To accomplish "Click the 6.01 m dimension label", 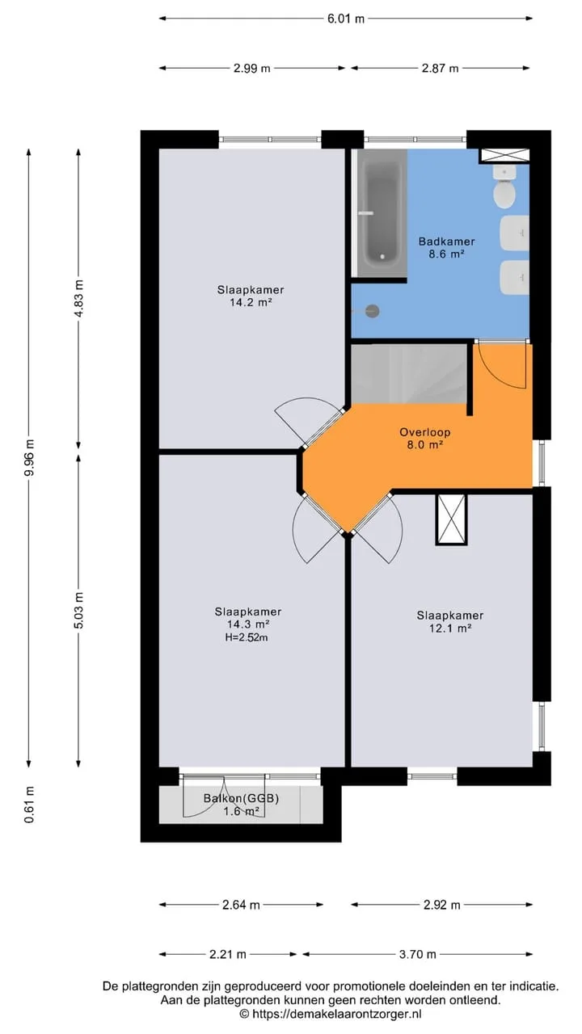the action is pos(346,19).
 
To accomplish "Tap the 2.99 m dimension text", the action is pos(251,69).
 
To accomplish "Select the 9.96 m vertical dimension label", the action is pos(29,458).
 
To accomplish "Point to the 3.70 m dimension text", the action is pos(418,954).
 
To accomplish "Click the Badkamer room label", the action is pos(447,241).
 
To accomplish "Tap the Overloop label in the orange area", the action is pos(424,432).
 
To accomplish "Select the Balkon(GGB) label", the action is pos(241,798).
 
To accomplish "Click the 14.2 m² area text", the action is pos(251,303).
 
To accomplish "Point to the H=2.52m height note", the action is pos(247,637).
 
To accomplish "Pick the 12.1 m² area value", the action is pos(450,628).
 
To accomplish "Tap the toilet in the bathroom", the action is pos(504,187).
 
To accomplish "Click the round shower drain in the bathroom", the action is pos(373,311).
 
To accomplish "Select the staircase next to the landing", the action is pos(409,373).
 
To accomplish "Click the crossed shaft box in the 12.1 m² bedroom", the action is pos(451,519).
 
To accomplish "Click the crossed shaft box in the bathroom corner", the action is pos(504,155).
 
